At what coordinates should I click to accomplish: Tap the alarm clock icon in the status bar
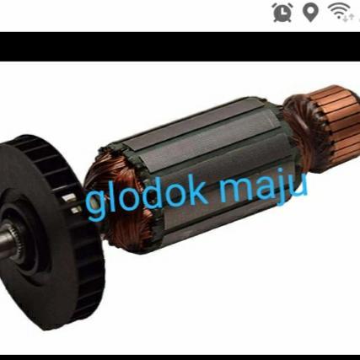(x=282, y=13)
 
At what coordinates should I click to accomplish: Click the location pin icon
(x=310, y=13)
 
